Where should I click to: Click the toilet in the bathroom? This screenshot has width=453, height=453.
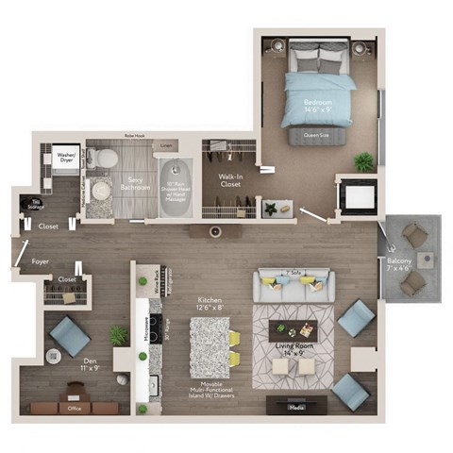point(106,159)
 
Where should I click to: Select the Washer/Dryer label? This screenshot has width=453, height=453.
point(66,158)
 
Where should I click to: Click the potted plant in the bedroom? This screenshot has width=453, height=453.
point(363,161)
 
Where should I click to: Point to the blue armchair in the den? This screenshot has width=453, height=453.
point(70,335)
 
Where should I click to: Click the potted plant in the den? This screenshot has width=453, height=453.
point(118,336)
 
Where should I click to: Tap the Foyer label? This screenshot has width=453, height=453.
point(40,261)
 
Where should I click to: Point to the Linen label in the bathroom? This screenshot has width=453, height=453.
point(166,145)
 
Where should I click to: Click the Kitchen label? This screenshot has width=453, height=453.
point(210,301)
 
